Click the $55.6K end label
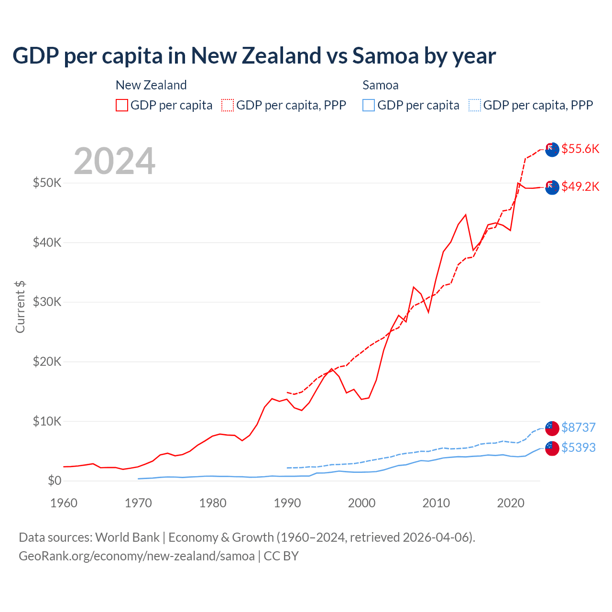[x=580, y=149]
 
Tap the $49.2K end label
[x=580, y=186]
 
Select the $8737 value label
[x=578, y=427]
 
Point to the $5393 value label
[x=578, y=448]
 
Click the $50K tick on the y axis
[x=47, y=183]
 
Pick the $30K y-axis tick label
[x=47, y=302]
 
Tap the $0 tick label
[x=55, y=481]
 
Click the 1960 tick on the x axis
[x=64, y=503]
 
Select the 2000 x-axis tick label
[x=361, y=503]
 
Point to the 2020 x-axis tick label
[x=511, y=503]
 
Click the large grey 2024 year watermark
[x=114, y=161]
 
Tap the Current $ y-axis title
[x=20, y=307]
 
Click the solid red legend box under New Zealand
[x=122, y=105]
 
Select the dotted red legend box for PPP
[x=228, y=105]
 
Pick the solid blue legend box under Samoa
[x=369, y=105]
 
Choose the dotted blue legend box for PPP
[x=475, y=105]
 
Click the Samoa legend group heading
[x=381, y=85]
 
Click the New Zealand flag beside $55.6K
[x=552, y=149]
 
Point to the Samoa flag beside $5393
[x=552, y=448]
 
